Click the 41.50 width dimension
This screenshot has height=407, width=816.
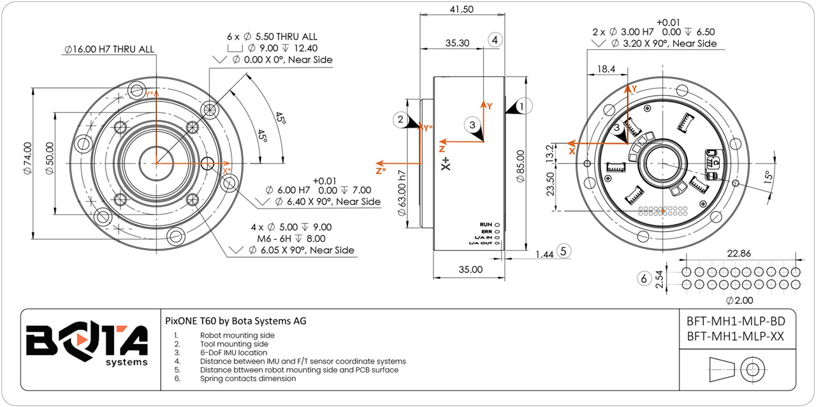pyautogui.click(x=462, y=10)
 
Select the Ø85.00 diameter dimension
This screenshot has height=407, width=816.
pyautogui.click(x=520, y=166)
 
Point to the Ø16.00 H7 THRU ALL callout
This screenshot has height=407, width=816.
pyautogui.click(x=109, y=49)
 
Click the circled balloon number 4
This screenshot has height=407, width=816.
pyautogui.click(x=495, y=40)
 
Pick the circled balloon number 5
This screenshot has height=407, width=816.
pyautogui.click(x=563, y=251)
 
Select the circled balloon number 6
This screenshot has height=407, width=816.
pyautogui.click(x=644, y=278)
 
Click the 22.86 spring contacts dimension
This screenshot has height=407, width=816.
pyautogui.click(x=738, y=253)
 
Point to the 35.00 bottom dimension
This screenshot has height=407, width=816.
pyautogui.click(x=470, y=269)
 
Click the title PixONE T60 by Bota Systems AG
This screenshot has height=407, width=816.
pyautogui.click(x=235, y=321)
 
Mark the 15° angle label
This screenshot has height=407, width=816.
pyautogui.click(x=770, y=175)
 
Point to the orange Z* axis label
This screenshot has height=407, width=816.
pyautogui.click(x=381, y=170)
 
